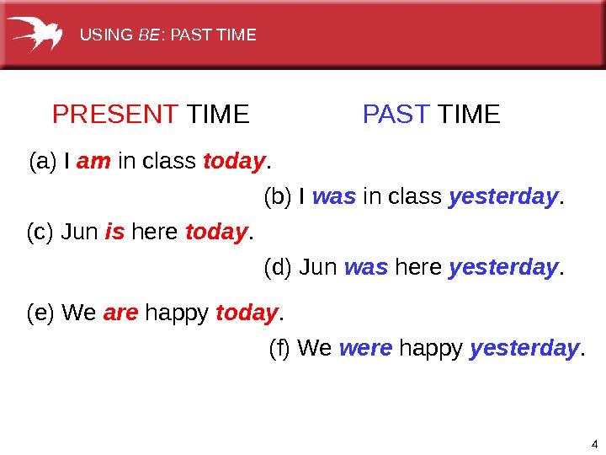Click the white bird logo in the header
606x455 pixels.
click(x=36, y=34)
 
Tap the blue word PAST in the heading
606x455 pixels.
click(x=396, y=114)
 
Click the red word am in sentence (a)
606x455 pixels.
click(x=94, y=161)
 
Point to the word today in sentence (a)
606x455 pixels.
click(x=235, y=161)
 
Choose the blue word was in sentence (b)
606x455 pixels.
click(x=334, y=198)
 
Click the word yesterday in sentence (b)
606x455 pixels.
click(x=503, y=198)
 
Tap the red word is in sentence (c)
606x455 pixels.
click(x=114, y=232)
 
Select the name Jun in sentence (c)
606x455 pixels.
click(x=80, y=232)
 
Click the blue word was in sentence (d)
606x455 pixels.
click(x=366, y=269)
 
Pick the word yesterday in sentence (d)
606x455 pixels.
click(x=503, y=269)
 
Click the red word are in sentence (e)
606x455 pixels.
click(x=120, y=314)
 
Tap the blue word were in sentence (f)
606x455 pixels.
click(x=366, y=348)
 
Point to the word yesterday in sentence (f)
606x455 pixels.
click(x=524, y=348)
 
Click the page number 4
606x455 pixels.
click(x=594, y=444)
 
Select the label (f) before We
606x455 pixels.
click(x=280, y=348)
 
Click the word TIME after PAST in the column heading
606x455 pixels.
click(x=469, y=114)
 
